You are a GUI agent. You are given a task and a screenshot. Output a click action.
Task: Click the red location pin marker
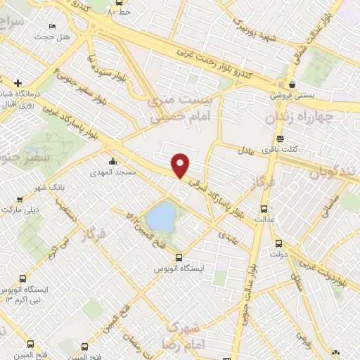pos(181,165)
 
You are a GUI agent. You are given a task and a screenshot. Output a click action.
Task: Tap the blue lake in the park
pos(162,216)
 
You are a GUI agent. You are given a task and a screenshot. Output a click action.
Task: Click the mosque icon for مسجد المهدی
pos(112,161)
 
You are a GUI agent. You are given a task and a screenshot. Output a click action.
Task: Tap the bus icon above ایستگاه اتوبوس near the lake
pos(179,257)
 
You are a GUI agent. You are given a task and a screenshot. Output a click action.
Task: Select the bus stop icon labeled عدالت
pos(264,209)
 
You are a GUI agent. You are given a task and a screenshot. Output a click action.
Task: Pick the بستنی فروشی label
pos(294,94)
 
